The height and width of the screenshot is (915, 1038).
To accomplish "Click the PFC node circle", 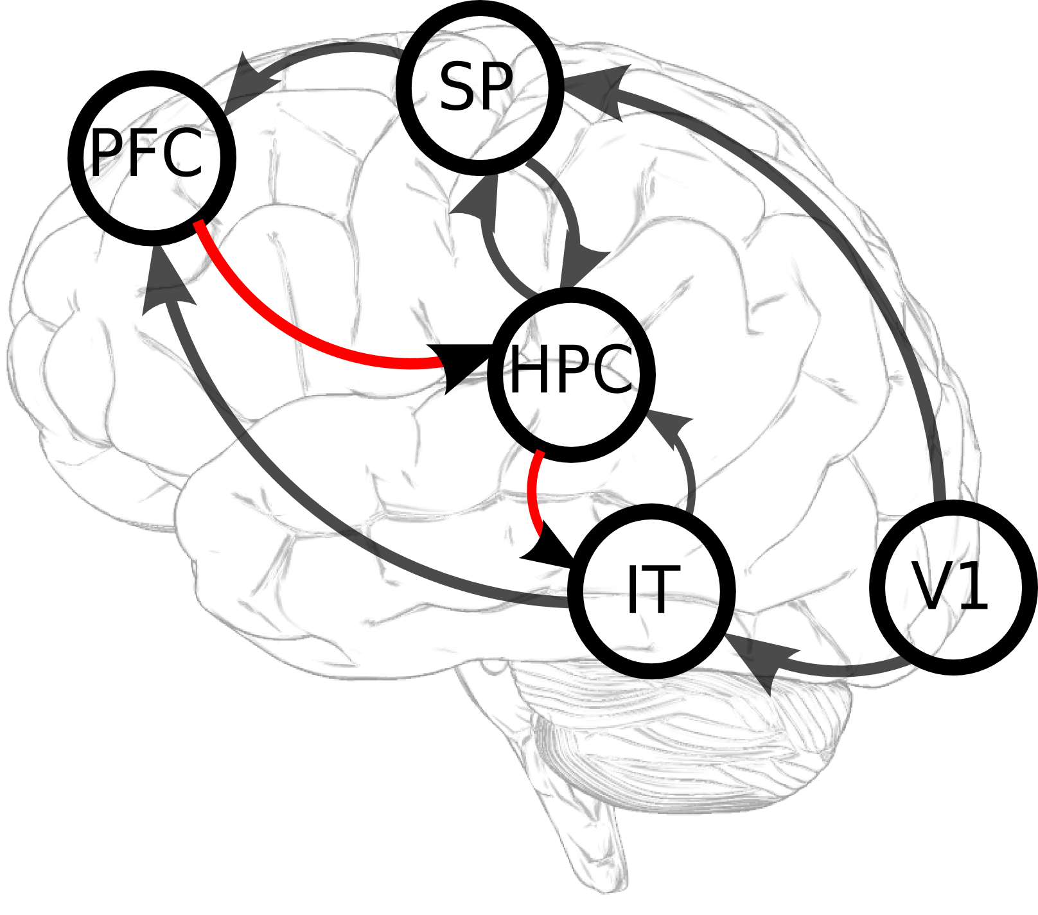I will [152, 157].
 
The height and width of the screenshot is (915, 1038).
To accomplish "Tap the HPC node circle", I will [571, 374].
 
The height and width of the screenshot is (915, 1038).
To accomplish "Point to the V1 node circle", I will [953, 587].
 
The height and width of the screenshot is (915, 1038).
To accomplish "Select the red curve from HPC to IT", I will [532, 494].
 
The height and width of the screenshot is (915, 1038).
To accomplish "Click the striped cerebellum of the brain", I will [694, 738].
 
